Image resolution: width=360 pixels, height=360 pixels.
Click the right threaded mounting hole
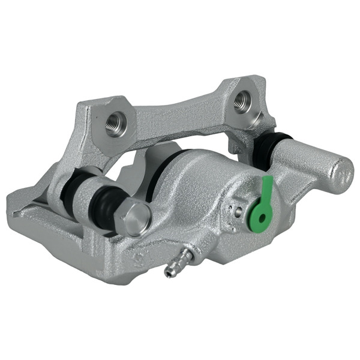(x=243, y=101)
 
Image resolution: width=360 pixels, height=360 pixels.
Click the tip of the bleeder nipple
(x=169, y=273)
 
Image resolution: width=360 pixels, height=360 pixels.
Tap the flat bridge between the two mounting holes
(x=180, y=114)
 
